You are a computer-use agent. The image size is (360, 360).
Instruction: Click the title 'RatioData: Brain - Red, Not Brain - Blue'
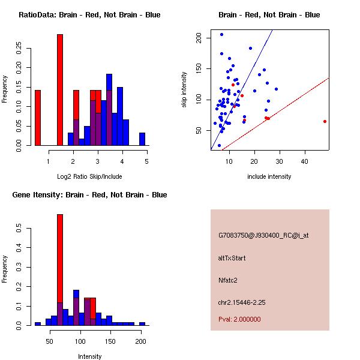point(90,14)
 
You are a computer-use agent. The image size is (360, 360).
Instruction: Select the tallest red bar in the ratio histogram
point(60,90)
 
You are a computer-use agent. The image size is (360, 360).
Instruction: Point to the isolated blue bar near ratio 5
point(142,139)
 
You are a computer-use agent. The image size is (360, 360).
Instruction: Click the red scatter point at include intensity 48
point(325,121)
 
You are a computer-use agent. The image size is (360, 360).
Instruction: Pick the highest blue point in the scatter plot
point(221,34)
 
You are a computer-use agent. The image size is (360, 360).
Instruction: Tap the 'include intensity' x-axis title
point(269,176)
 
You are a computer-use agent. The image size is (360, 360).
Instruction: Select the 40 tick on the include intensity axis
point(305,161)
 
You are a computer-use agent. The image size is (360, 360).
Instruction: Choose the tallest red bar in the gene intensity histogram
point(60,270)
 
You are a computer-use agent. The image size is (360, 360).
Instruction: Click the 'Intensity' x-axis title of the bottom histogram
point(90,356)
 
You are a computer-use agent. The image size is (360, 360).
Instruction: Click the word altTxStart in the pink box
point(232,258)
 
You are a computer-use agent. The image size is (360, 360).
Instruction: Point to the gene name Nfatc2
point(229,280)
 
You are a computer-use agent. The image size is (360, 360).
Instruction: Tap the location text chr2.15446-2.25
point(242,301)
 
